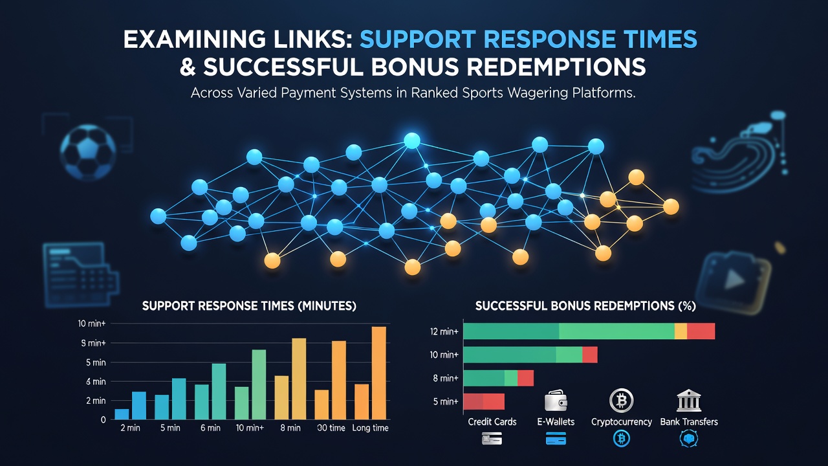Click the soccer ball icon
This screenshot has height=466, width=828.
tap(88, 152)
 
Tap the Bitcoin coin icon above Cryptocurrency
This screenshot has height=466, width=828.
tap(622, 401)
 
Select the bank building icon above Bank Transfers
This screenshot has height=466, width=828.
tap(689, 401)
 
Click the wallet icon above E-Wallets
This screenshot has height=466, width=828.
tap(556, 401)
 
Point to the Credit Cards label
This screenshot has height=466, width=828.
tap(492, 421)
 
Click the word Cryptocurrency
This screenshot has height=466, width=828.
tap(622, 422)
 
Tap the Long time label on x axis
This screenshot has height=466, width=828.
tap(370, 428)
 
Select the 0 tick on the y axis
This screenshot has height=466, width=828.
tap(103, 420)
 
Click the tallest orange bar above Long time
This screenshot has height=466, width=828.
tap(379, 373)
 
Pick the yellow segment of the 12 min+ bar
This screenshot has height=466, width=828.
tap(681, 331)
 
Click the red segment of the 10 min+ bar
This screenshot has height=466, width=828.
tap(590, 355)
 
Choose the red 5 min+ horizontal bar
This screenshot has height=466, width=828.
tap(484, 402)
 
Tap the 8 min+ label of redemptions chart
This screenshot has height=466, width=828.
tap(446, 379)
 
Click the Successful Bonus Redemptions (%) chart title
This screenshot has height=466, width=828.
tap(585, 306)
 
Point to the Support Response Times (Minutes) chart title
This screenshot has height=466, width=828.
tap(249, 306)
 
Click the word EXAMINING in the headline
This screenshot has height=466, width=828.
tap(194, 39)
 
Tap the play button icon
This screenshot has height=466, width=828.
tap(734, 280)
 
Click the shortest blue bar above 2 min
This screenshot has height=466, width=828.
tap(122, 414)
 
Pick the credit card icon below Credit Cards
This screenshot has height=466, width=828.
tap(492, 439)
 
